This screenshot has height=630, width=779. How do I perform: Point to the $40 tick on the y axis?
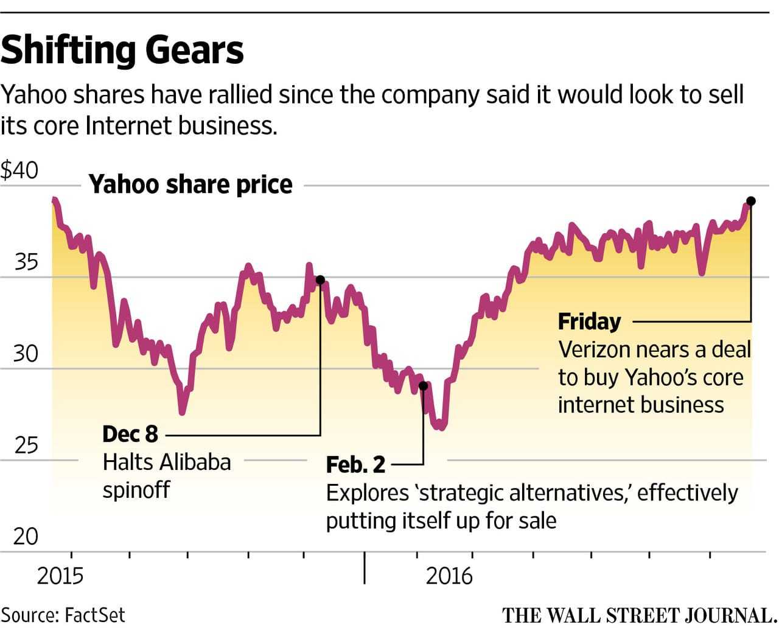(19, 170)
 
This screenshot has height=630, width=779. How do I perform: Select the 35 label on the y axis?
(26, 262)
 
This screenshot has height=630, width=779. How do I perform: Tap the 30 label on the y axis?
(26, 354)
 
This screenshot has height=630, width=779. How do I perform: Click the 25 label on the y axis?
(26, 446)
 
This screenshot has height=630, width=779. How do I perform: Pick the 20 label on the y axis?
(26, 536)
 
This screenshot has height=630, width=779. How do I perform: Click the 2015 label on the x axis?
(60, 576)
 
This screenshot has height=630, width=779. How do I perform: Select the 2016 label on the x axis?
(449, 576)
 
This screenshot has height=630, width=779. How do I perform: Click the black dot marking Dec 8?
(320, 280)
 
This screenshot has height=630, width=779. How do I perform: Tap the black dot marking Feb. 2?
(424, 386)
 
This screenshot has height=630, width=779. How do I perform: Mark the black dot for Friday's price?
(751, 201)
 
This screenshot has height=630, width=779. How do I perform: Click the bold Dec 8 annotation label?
(130, 435)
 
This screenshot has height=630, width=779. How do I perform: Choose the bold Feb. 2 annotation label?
(355, 465)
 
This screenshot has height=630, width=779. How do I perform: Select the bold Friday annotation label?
(589, 321)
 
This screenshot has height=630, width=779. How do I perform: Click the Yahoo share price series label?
(190, 184)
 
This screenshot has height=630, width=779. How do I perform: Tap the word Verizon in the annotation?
(595, 350)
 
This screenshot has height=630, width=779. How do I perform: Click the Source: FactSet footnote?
(63, 615)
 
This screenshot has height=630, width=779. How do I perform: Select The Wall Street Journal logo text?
(639, 615)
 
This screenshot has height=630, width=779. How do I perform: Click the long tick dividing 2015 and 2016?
(365, 567)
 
